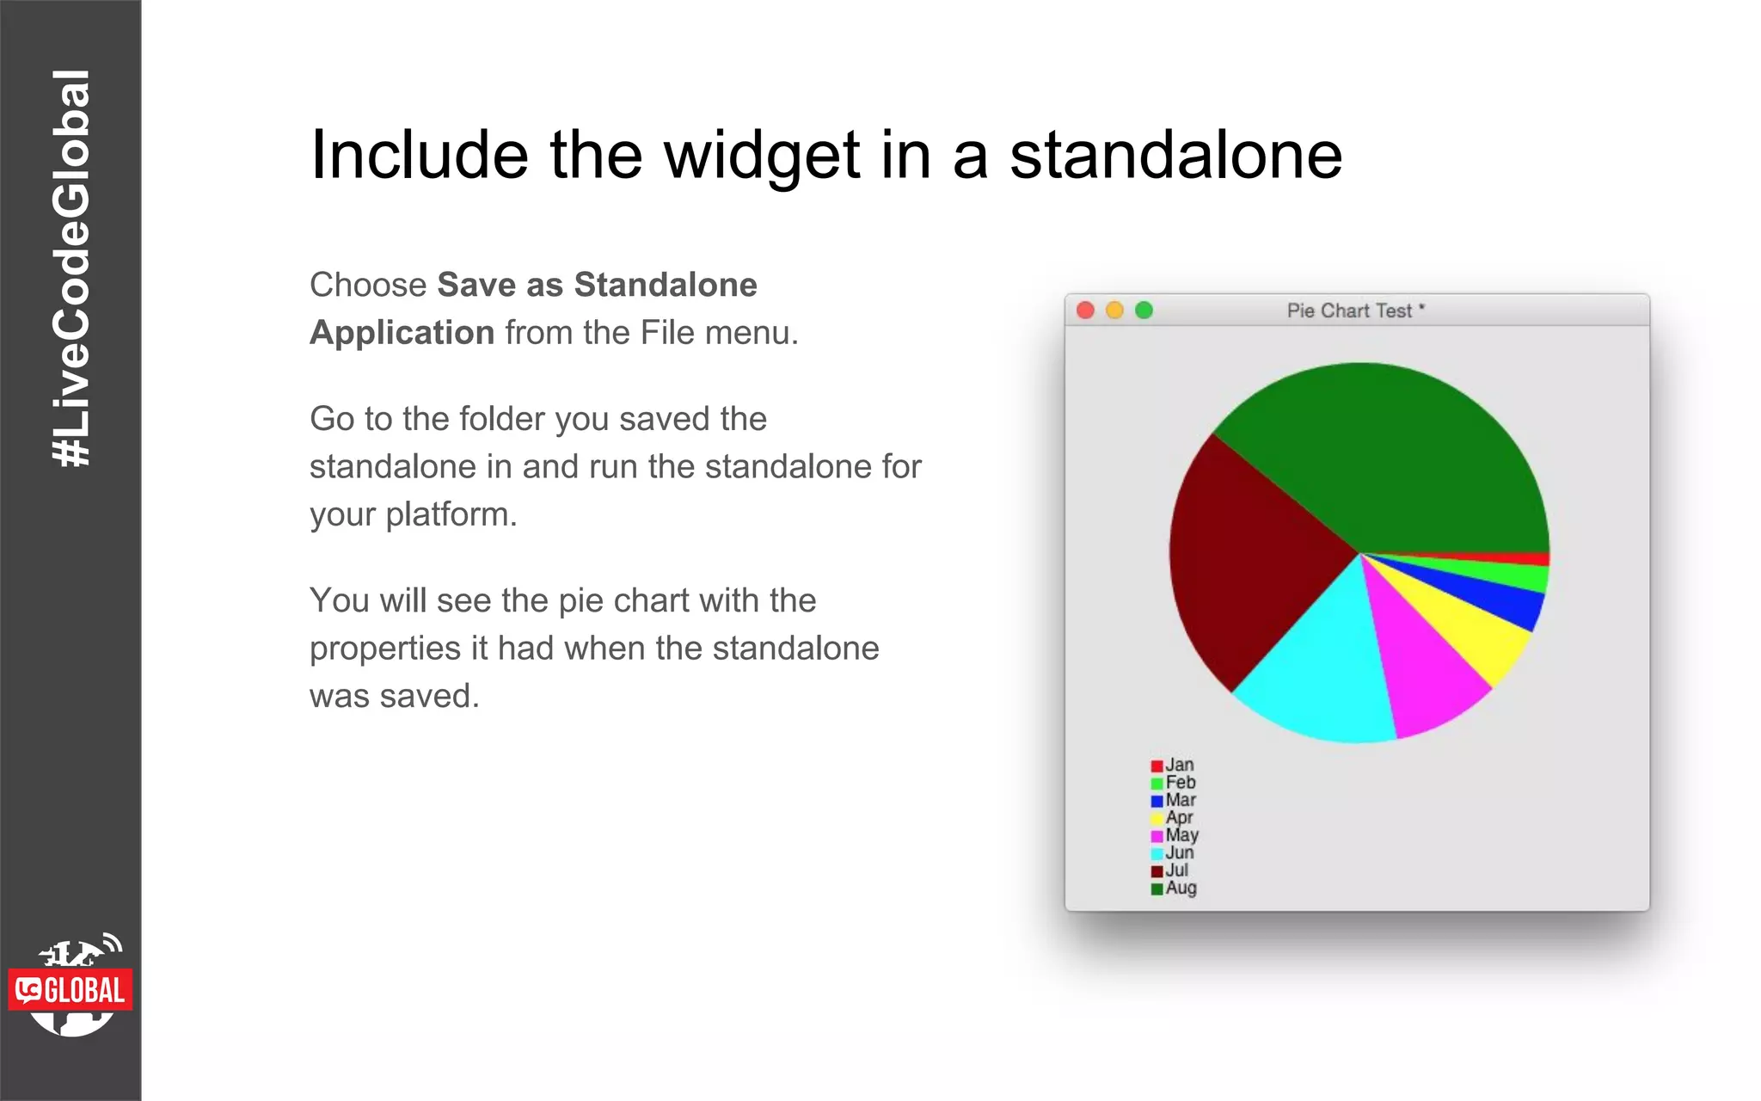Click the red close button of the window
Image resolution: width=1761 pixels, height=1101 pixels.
[1085, 311]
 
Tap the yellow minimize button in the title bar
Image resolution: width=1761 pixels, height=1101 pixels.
[1114, 311]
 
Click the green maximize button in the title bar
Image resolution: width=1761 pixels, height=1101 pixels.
[1144, 311]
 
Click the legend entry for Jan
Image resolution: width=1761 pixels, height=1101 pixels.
[1173, 765]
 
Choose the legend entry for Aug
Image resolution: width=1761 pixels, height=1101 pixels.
[1174, 888]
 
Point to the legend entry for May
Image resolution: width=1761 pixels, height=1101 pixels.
[1175, 835]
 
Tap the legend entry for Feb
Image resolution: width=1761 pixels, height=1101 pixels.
[1174, 783]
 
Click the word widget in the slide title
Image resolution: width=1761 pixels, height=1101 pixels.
[762, 157]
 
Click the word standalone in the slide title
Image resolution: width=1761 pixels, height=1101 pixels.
[1175, 155]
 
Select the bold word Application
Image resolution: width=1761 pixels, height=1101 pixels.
[402, 333]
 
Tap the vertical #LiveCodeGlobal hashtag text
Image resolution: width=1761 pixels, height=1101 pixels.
[71, 268]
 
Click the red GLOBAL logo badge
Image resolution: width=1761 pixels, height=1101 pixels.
[71, 990]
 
